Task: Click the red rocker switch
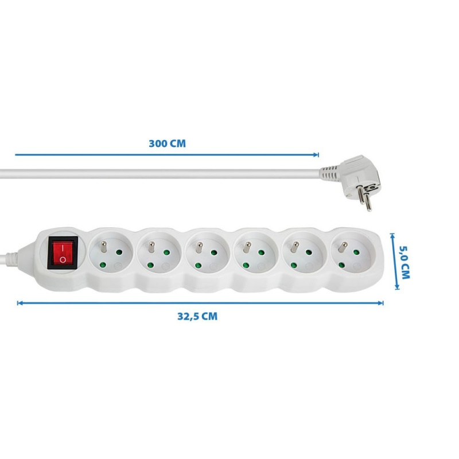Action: click(61, 253)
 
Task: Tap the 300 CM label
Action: click(167, 143)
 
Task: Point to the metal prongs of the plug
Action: click(363, 198)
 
